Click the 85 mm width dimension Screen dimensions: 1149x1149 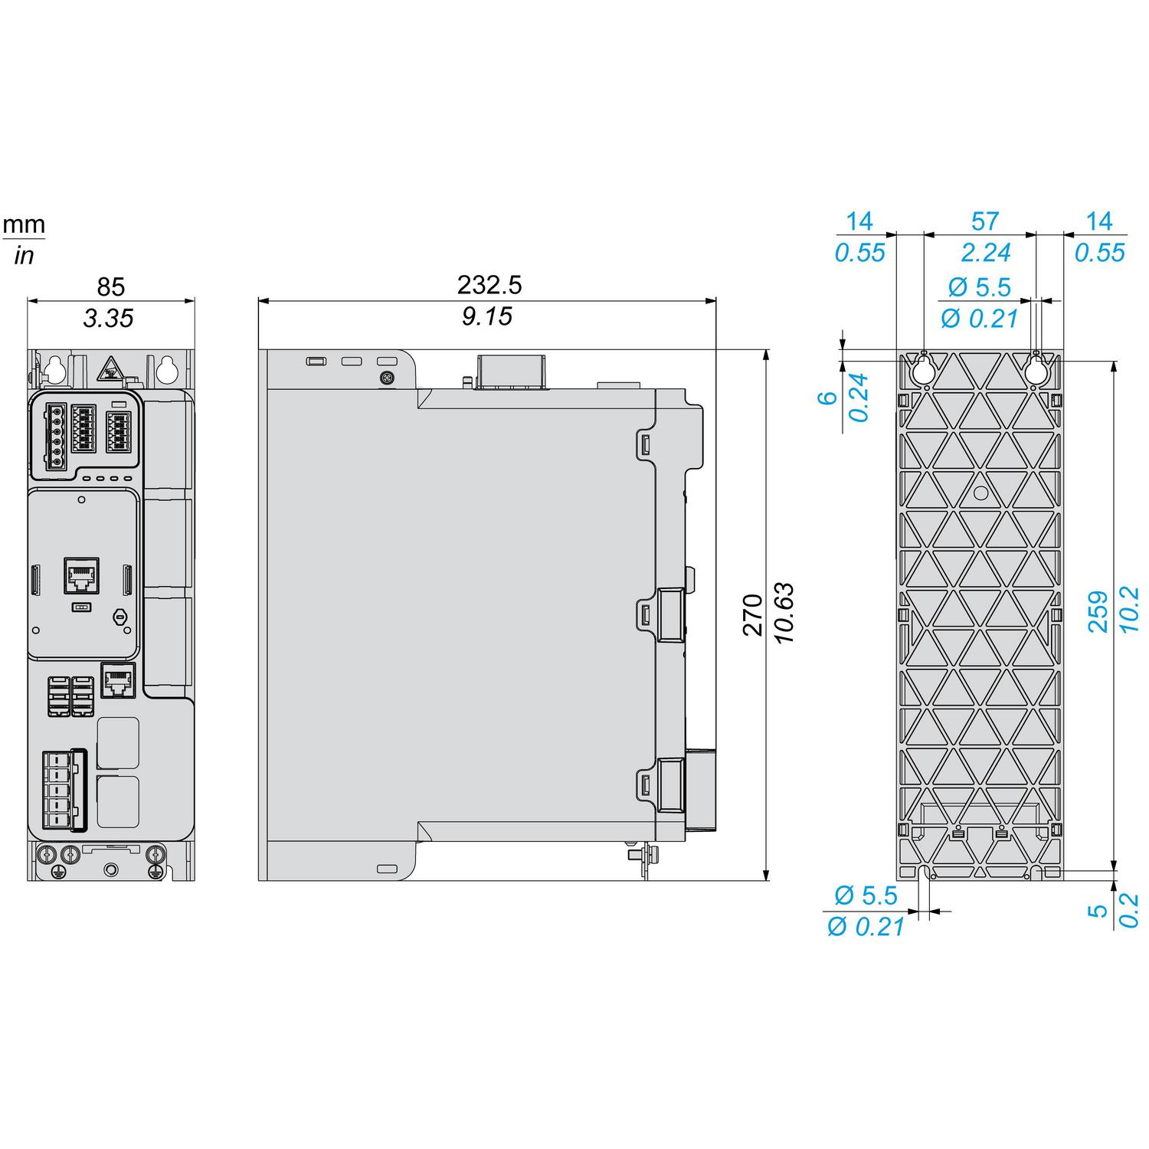[x=110, y=286]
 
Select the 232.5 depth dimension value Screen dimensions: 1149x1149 [x=489, y=285]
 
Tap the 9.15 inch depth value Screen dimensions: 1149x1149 [x=487, y=316]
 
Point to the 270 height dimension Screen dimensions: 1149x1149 [x=753, y=614]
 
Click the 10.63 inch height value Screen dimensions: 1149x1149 [x=784, y=614]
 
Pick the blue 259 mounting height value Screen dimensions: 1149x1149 [x=1098, y=611]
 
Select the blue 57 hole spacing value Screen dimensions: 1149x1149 [x=984, y=221]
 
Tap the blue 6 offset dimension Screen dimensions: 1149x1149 [x=826, y=398]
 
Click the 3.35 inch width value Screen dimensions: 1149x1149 [x=108, y=318]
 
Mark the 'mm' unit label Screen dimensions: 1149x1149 [x=24, y=225]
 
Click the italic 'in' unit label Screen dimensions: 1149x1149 [x=24, y=255]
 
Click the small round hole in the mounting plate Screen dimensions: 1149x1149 [x=980, y=493]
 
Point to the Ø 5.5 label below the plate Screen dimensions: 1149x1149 [x=866, y=895]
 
